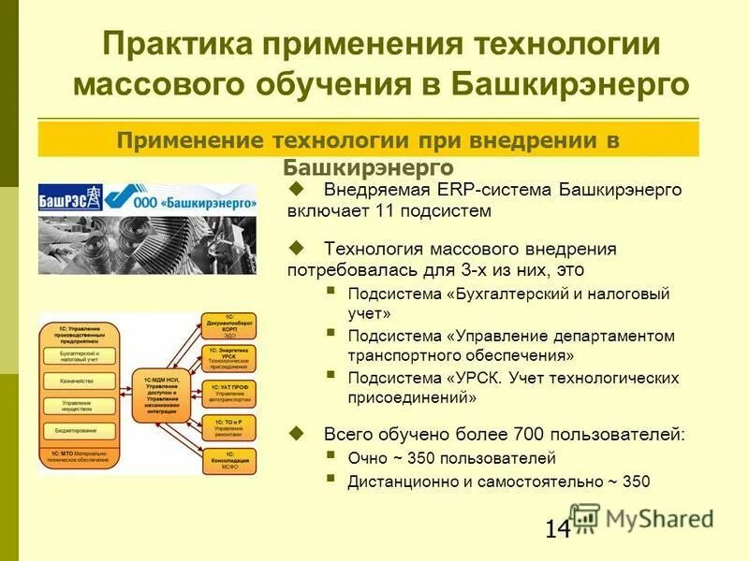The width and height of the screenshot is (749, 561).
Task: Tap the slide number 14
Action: (557, 529)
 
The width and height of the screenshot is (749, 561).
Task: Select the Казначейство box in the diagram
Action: (81, 381)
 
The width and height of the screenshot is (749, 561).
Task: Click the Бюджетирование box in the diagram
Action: (81, 432)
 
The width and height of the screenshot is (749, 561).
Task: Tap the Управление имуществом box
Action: (81, 407)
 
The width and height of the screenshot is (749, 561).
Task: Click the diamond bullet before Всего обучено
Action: (298, 433)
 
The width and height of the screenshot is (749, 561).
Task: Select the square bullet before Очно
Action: (330, 456)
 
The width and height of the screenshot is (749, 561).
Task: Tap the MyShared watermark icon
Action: (584, 517)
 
